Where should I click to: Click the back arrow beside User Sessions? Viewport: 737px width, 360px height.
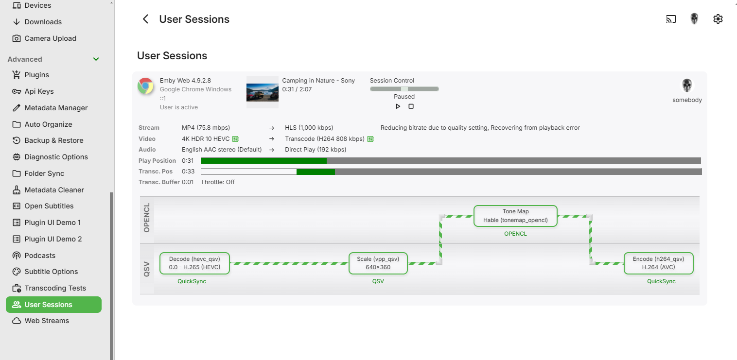coord(145,19)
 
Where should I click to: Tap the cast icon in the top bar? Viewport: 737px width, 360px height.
coord(671,19)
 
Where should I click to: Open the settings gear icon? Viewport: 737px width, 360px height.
coord(718,19)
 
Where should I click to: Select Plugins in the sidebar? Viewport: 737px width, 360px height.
coord(37,75)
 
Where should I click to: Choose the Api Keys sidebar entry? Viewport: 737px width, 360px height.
coord(39,91)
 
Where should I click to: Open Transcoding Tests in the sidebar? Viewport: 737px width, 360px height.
coord(55,288)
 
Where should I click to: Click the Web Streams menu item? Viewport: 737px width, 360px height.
coord(47,321)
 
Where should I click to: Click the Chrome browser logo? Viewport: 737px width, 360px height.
coord(145,86)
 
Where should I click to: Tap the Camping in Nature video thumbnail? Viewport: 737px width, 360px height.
coord(262,92)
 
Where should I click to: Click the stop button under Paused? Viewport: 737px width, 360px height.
coord(411,106)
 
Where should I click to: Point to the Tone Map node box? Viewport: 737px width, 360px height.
coord(515,216)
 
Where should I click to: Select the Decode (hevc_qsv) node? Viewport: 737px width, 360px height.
coord(194,263)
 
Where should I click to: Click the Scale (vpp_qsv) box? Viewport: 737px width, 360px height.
coord(378,263)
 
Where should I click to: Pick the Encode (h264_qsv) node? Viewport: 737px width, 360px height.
coord(658,263)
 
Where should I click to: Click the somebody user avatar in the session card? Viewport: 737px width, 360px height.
coord(687,86)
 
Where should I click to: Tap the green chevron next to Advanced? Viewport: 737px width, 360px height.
coord(96,59)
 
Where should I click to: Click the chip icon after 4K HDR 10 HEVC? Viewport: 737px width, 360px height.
coord(235,139)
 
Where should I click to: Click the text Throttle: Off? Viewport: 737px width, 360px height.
coord(218,182)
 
